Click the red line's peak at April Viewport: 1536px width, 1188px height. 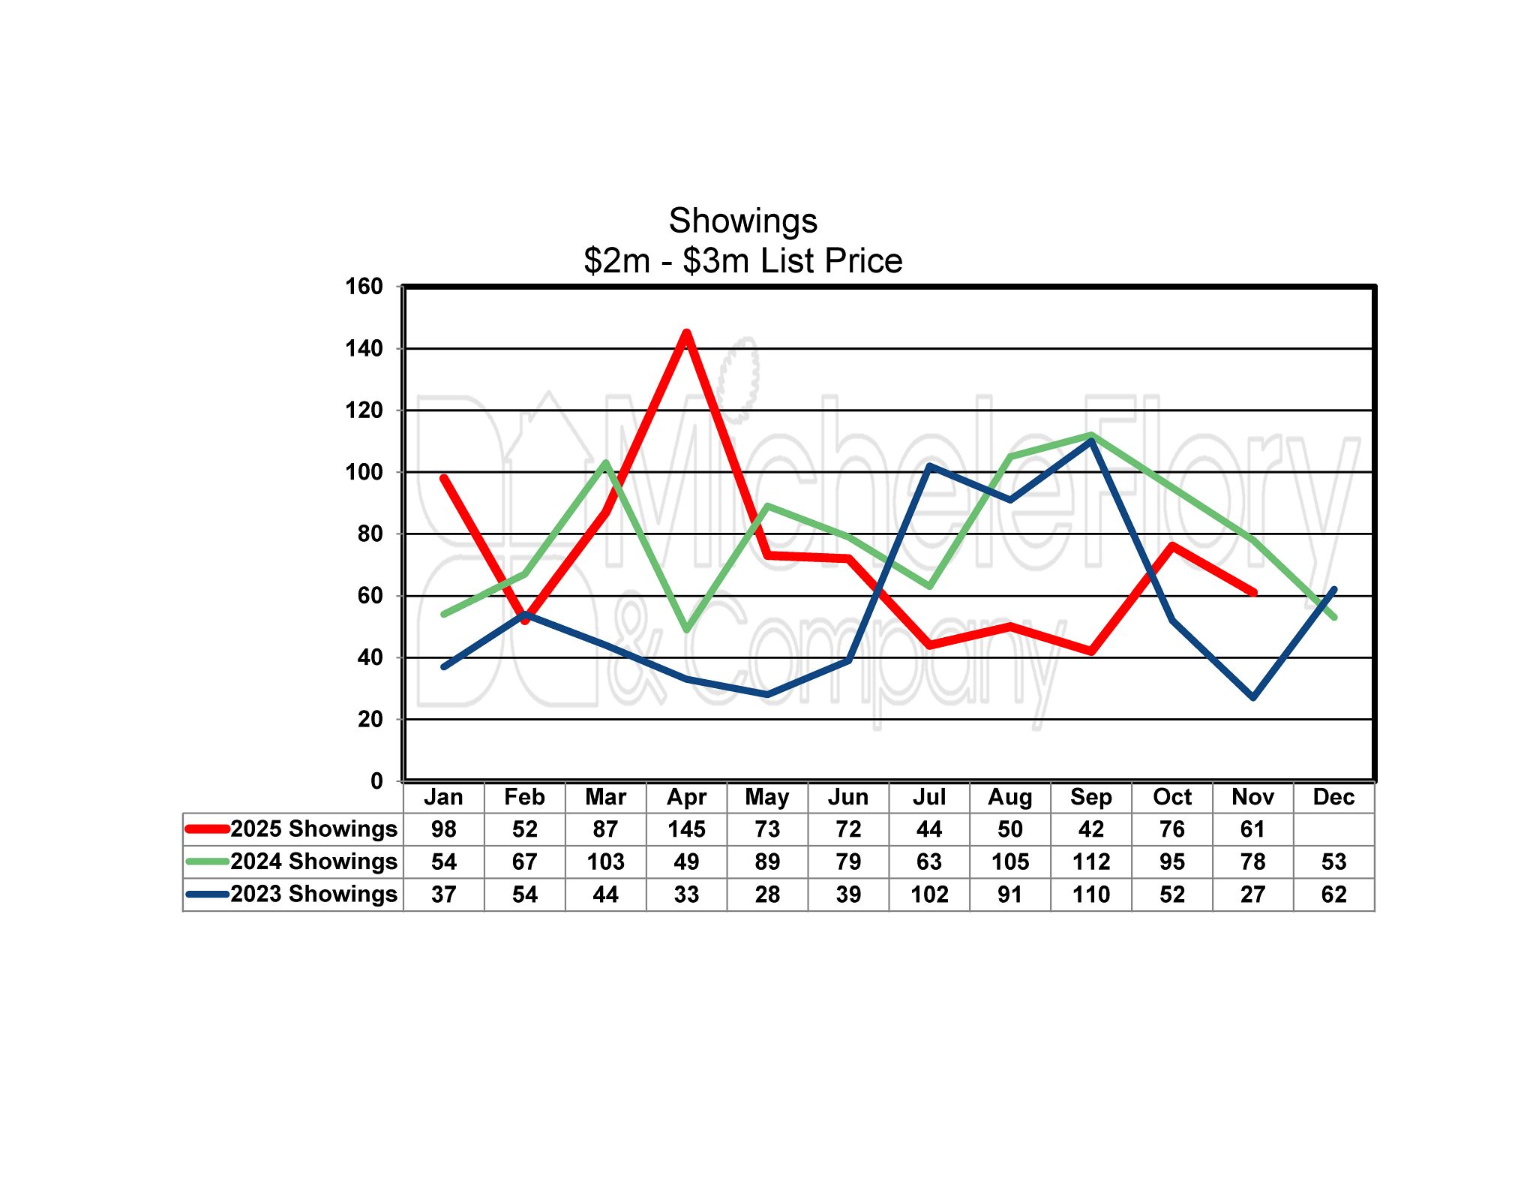(686, 332)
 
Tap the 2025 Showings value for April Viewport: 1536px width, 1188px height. (686, 829)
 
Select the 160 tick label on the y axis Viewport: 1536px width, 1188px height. (364, 287)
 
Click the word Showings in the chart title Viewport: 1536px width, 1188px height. (742, 221)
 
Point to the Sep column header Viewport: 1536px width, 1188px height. (1090, 797)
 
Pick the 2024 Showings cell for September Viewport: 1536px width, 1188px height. (1090, 862)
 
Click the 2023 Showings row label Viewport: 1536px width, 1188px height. (313, 894)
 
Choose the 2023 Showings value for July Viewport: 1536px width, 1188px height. (929, 895)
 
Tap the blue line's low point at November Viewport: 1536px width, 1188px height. (1253, 697)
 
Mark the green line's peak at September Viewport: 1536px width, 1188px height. (1091, 435)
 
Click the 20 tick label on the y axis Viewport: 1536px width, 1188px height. (370, 719)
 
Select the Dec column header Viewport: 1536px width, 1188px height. (1333, 797)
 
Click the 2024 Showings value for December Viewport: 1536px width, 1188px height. (1333, 862)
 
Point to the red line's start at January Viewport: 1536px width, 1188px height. (444, 478)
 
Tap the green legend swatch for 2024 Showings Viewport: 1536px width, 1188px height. (207, 862)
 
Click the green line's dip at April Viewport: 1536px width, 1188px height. (686, 630)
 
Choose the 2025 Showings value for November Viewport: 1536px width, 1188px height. (1252, 829)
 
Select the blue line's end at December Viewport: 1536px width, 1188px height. (1334, 589)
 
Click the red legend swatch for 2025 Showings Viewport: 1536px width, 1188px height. (207, 829)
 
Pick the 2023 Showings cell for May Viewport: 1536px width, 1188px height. (767, 895)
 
